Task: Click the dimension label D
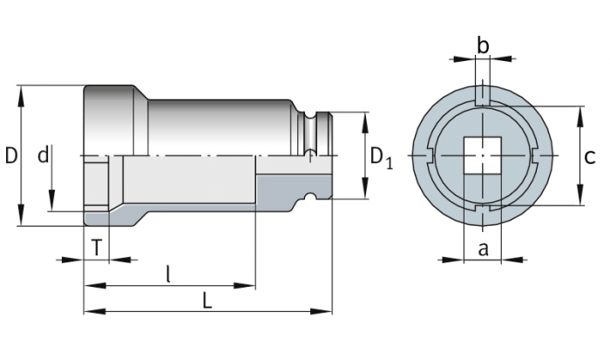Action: pos(11,156)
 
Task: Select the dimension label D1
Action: pos(381,157)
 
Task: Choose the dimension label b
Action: pos(483,44)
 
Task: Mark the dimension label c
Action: pos(590,157)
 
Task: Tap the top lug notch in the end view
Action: pos(482,94)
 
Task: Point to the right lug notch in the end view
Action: pos(535,157)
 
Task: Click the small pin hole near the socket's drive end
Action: pos(307,155)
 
